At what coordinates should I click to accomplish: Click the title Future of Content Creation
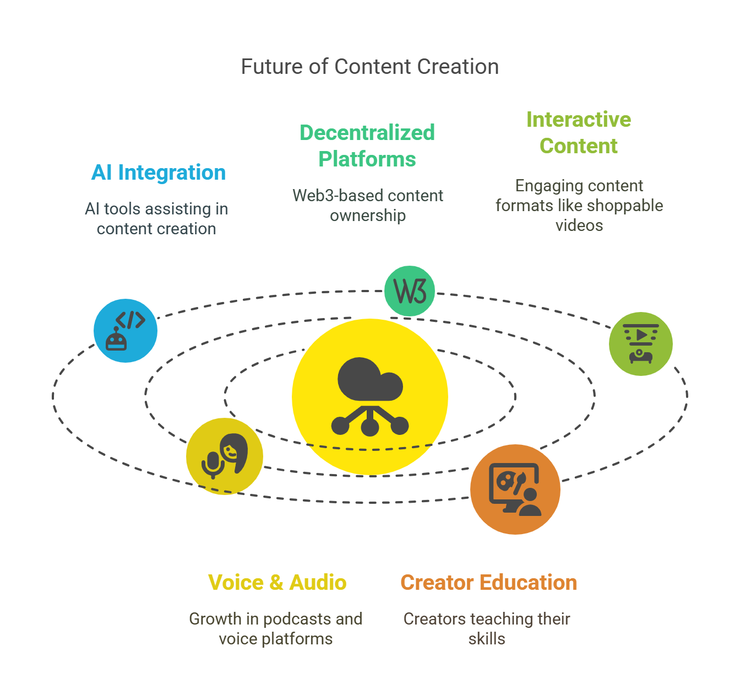point(370,67)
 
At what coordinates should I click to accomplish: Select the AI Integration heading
point(159,173)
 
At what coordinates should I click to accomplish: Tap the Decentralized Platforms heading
point(367,146)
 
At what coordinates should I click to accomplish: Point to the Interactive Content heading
point(579,133)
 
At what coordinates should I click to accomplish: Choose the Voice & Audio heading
point(277,583)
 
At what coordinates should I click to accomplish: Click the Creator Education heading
point(489,583)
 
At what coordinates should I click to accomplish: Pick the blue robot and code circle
point(126,331)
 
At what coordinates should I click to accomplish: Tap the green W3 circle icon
point(410,291)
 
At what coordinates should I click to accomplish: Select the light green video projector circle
point(641,344)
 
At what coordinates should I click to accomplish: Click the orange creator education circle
point(515,489)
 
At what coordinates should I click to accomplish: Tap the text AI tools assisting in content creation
point(156,219)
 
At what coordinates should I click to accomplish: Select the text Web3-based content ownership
point(368,206)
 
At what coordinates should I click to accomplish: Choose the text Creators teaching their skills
point(487,629)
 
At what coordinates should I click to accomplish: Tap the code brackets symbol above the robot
point(130,320)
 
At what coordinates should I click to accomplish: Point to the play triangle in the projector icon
point(641,335)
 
